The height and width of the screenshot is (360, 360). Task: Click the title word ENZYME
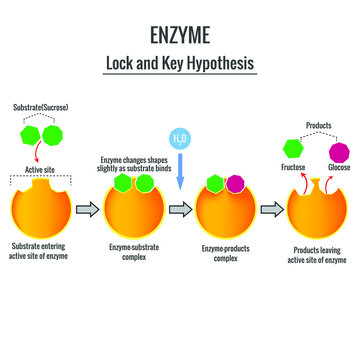click(x=180, y=37)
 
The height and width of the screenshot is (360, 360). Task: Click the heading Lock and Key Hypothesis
click(x=180, y=62)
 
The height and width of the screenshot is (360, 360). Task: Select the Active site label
click(x=41, y=170)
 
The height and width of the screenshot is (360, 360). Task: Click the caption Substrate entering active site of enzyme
click(x=41, y=253)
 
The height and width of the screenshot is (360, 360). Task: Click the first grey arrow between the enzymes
click(x=86, y=209)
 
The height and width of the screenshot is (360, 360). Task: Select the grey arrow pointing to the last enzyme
click(x=270, y=209)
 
